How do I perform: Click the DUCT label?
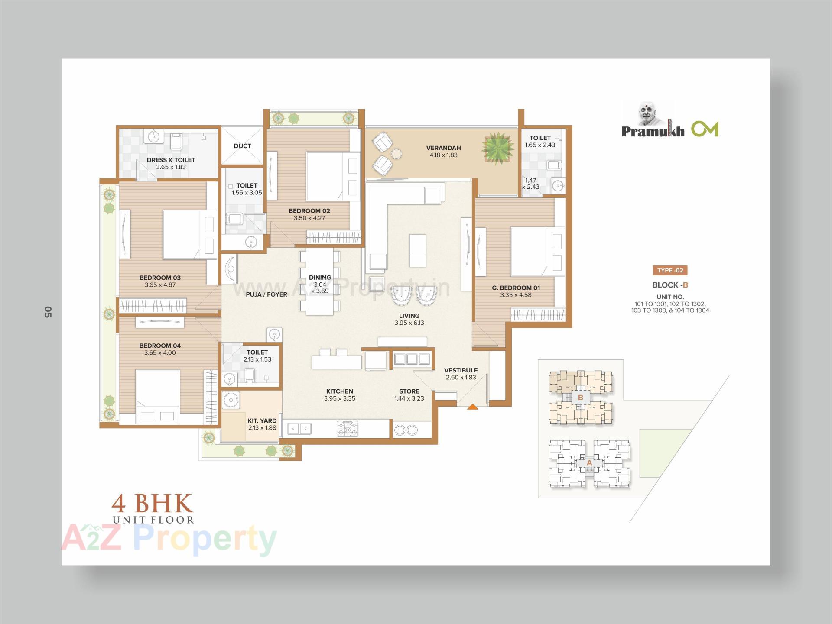242,146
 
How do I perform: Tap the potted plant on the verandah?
497,148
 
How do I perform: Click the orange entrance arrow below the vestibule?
472,407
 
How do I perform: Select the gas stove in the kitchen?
348,429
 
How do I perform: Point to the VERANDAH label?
443,148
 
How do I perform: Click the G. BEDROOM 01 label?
516,288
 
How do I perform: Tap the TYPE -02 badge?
670,271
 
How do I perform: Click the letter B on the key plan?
580,397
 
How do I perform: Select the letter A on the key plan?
589,463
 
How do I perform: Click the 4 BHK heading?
152,504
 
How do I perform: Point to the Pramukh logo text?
653,131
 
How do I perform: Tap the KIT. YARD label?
262,421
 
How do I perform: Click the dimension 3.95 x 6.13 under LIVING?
409,323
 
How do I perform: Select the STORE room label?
409,391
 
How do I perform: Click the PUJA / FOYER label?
266,294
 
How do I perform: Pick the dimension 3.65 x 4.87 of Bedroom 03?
160,285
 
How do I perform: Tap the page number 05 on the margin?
48,312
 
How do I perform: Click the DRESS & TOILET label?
171,160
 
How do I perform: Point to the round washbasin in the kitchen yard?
230,400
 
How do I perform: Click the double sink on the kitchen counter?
299,429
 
